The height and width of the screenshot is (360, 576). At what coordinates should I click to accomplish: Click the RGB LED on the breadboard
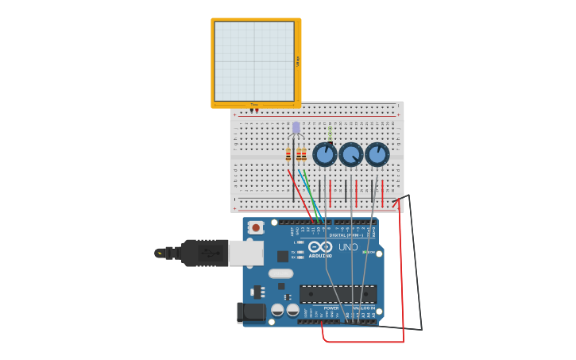pos(296,128)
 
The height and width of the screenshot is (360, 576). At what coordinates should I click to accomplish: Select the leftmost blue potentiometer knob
pos(324,153)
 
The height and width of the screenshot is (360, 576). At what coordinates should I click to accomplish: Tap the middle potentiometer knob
pos(350,153)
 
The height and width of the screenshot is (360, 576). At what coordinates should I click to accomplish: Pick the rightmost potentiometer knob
pos(377,153)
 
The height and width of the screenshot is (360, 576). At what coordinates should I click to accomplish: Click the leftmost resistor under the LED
pos(288,155)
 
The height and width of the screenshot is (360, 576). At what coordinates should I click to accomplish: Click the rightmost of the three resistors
pos(303,155)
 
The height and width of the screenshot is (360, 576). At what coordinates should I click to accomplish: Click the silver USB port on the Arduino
pos(245,253)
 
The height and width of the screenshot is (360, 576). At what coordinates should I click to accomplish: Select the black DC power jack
pos(250,312)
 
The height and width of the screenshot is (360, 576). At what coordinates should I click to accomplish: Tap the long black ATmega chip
pos(338,294)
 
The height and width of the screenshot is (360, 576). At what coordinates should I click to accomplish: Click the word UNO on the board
pos(348,247)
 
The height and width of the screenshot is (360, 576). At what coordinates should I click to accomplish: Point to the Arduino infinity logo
pos(320,247)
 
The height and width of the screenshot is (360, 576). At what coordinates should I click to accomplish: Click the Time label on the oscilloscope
pos(254,104)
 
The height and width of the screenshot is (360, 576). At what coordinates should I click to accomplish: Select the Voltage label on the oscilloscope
pos(298,61)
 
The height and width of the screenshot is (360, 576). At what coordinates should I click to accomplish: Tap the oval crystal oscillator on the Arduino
pos(280,273)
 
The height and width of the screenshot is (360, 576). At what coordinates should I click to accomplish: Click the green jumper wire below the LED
pos(311,195)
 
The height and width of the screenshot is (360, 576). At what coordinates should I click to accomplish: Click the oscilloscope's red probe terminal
pos(257,110)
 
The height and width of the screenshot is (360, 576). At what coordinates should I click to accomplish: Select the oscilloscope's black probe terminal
pos(251,110)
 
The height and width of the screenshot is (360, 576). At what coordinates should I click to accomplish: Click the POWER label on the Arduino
pos(331,308)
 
